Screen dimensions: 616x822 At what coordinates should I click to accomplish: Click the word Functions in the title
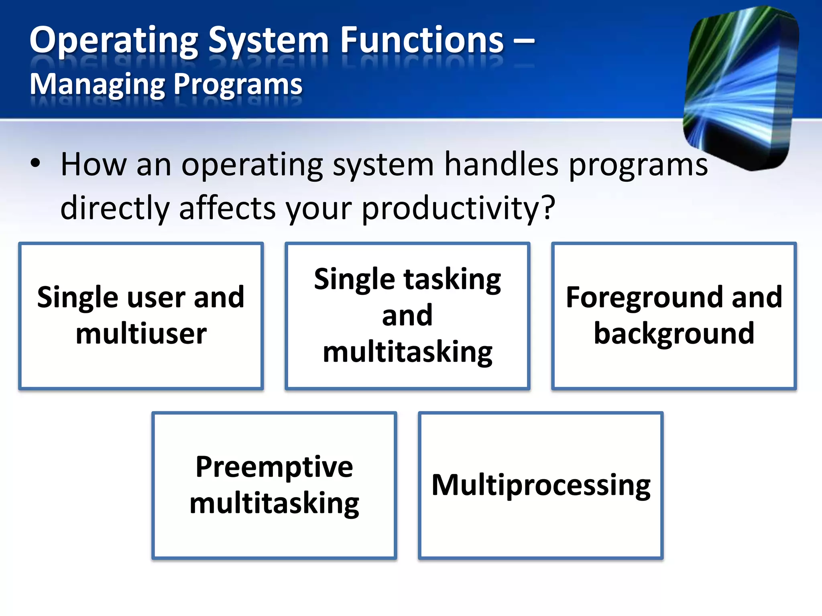pos(422,40)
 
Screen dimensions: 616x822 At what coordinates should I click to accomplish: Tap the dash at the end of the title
pos(523,41)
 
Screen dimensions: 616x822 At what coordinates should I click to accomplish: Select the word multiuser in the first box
pos(141,334)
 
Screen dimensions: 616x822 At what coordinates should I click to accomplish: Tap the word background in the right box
pos(673,334)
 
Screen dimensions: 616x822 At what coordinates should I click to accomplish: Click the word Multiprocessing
pos(541,486)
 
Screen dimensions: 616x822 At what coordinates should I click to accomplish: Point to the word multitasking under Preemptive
pos(274,504)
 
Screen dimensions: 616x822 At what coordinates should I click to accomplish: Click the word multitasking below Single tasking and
pos(407,353)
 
